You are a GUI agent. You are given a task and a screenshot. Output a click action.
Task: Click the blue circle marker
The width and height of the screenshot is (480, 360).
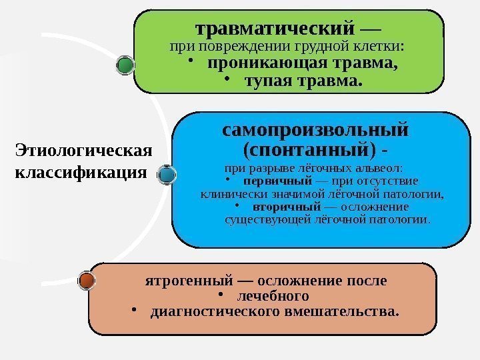[x=167, y=175]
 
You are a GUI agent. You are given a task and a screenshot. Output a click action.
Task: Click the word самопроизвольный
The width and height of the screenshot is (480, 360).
[x=315, y=127]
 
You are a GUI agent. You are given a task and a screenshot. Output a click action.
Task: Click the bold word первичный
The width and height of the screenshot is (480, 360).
[x=278, y=181]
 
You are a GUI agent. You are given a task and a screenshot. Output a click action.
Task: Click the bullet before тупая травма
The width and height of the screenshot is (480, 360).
[x=227, y=81]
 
